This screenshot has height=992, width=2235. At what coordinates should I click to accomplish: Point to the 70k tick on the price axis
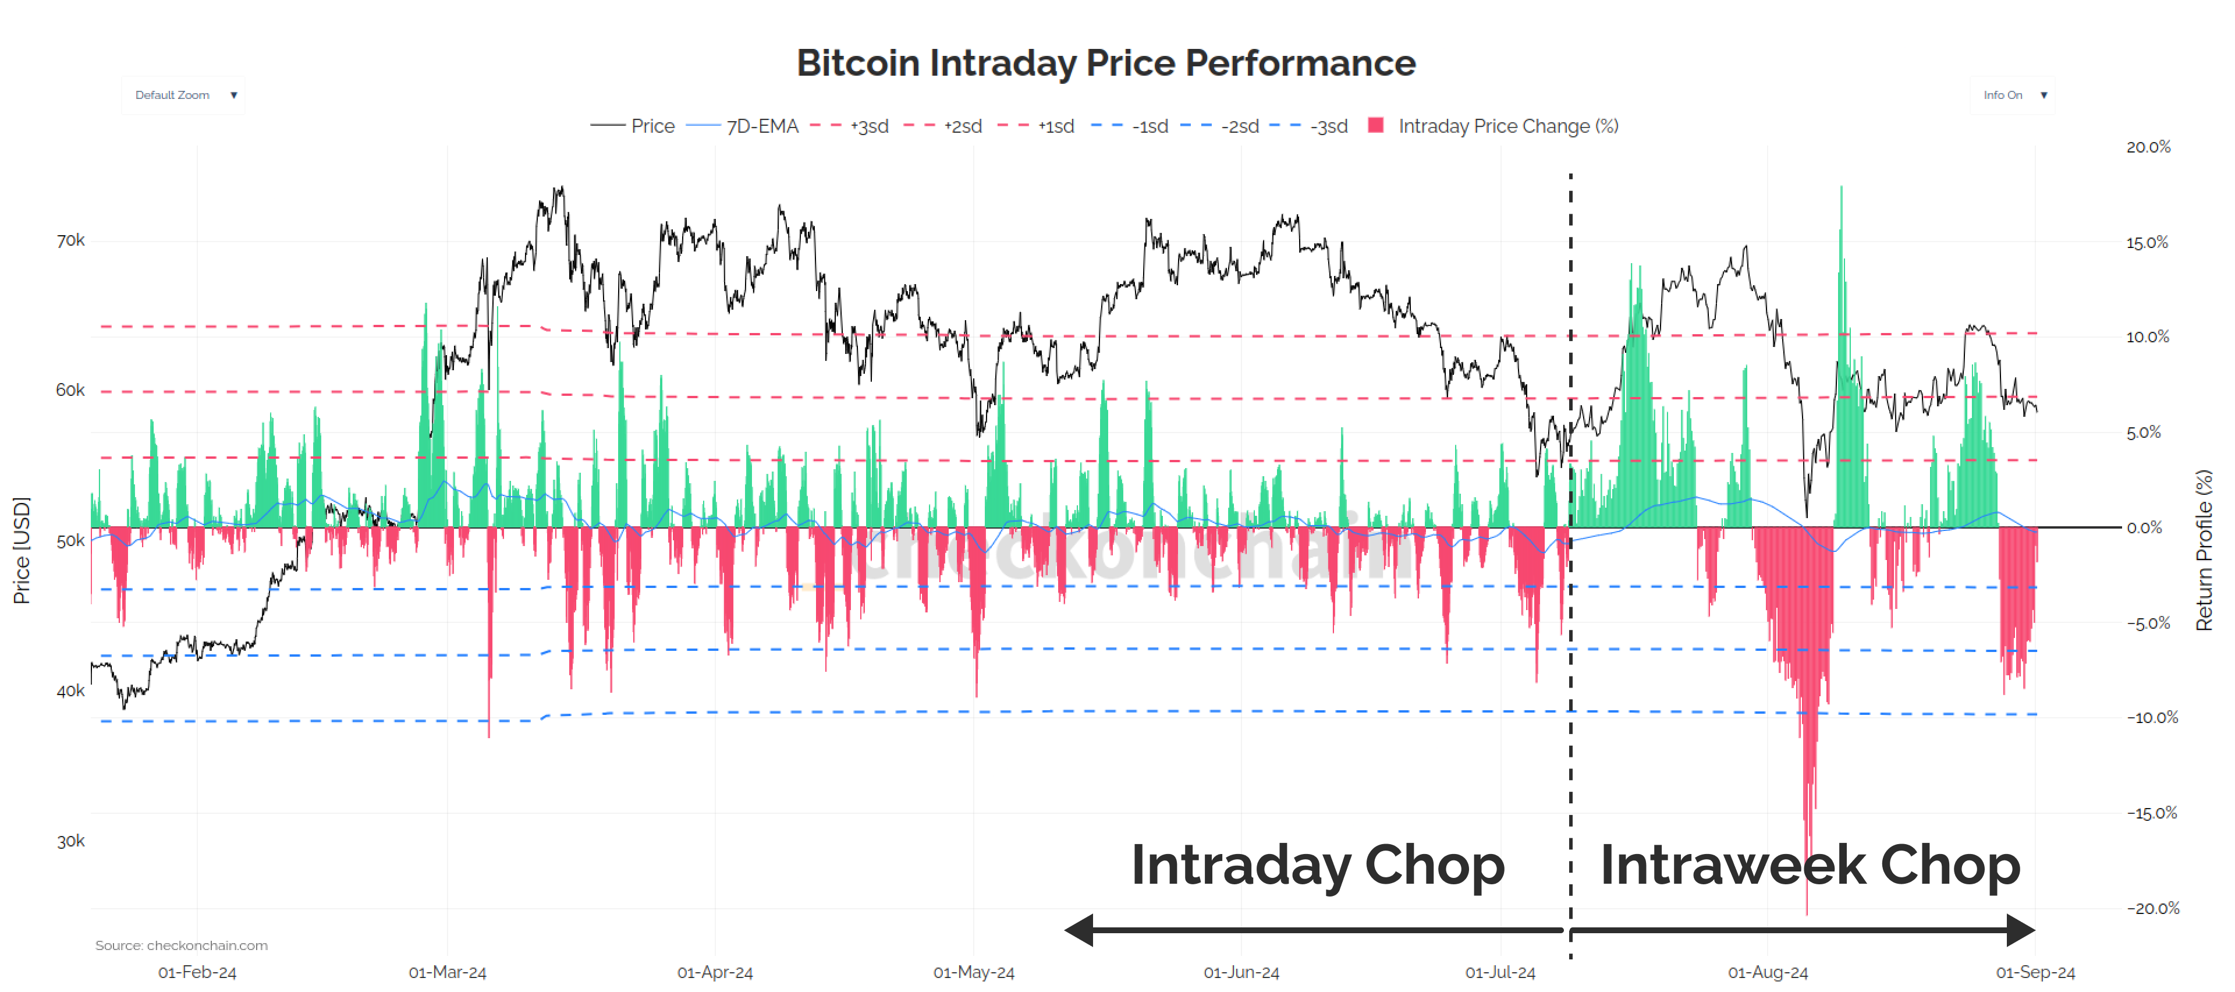(x=70, y=240)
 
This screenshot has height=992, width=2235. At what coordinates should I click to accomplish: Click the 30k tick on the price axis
(x=70, y=841)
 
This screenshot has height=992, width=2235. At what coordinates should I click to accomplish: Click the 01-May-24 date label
(x=974, y=972)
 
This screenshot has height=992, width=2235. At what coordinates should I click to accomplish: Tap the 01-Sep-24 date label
(x=2035, y=972)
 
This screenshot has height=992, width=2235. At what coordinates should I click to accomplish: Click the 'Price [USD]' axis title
(x=22, y=550)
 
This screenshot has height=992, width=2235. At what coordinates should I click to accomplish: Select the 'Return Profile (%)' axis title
(x=2204, y=550)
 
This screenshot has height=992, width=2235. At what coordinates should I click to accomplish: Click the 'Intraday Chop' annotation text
(x=1317, y=865)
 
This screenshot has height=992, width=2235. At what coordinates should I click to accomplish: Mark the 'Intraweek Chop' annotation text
(x=1810, y=865)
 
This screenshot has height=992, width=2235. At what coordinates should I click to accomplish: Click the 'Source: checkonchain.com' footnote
(x=182, y=945)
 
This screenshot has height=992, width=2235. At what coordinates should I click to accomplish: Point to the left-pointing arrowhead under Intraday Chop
(x=1079, y=930)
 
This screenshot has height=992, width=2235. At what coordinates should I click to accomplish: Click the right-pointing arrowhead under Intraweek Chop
(x=2021, y=930)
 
